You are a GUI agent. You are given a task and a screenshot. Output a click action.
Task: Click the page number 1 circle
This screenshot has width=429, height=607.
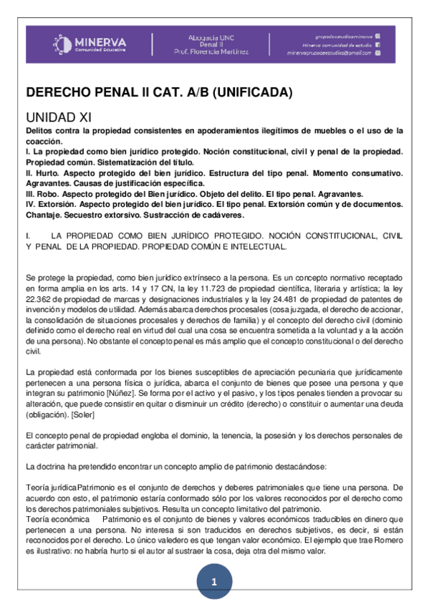pyautogui.click(x=213, y=582)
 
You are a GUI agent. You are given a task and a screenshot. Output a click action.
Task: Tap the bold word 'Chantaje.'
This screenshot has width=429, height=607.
pyautogui.click(x=45, y=215)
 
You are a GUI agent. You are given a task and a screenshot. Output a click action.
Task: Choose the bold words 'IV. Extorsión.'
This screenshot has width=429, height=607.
pyautogui.click(x=52, y=205)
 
